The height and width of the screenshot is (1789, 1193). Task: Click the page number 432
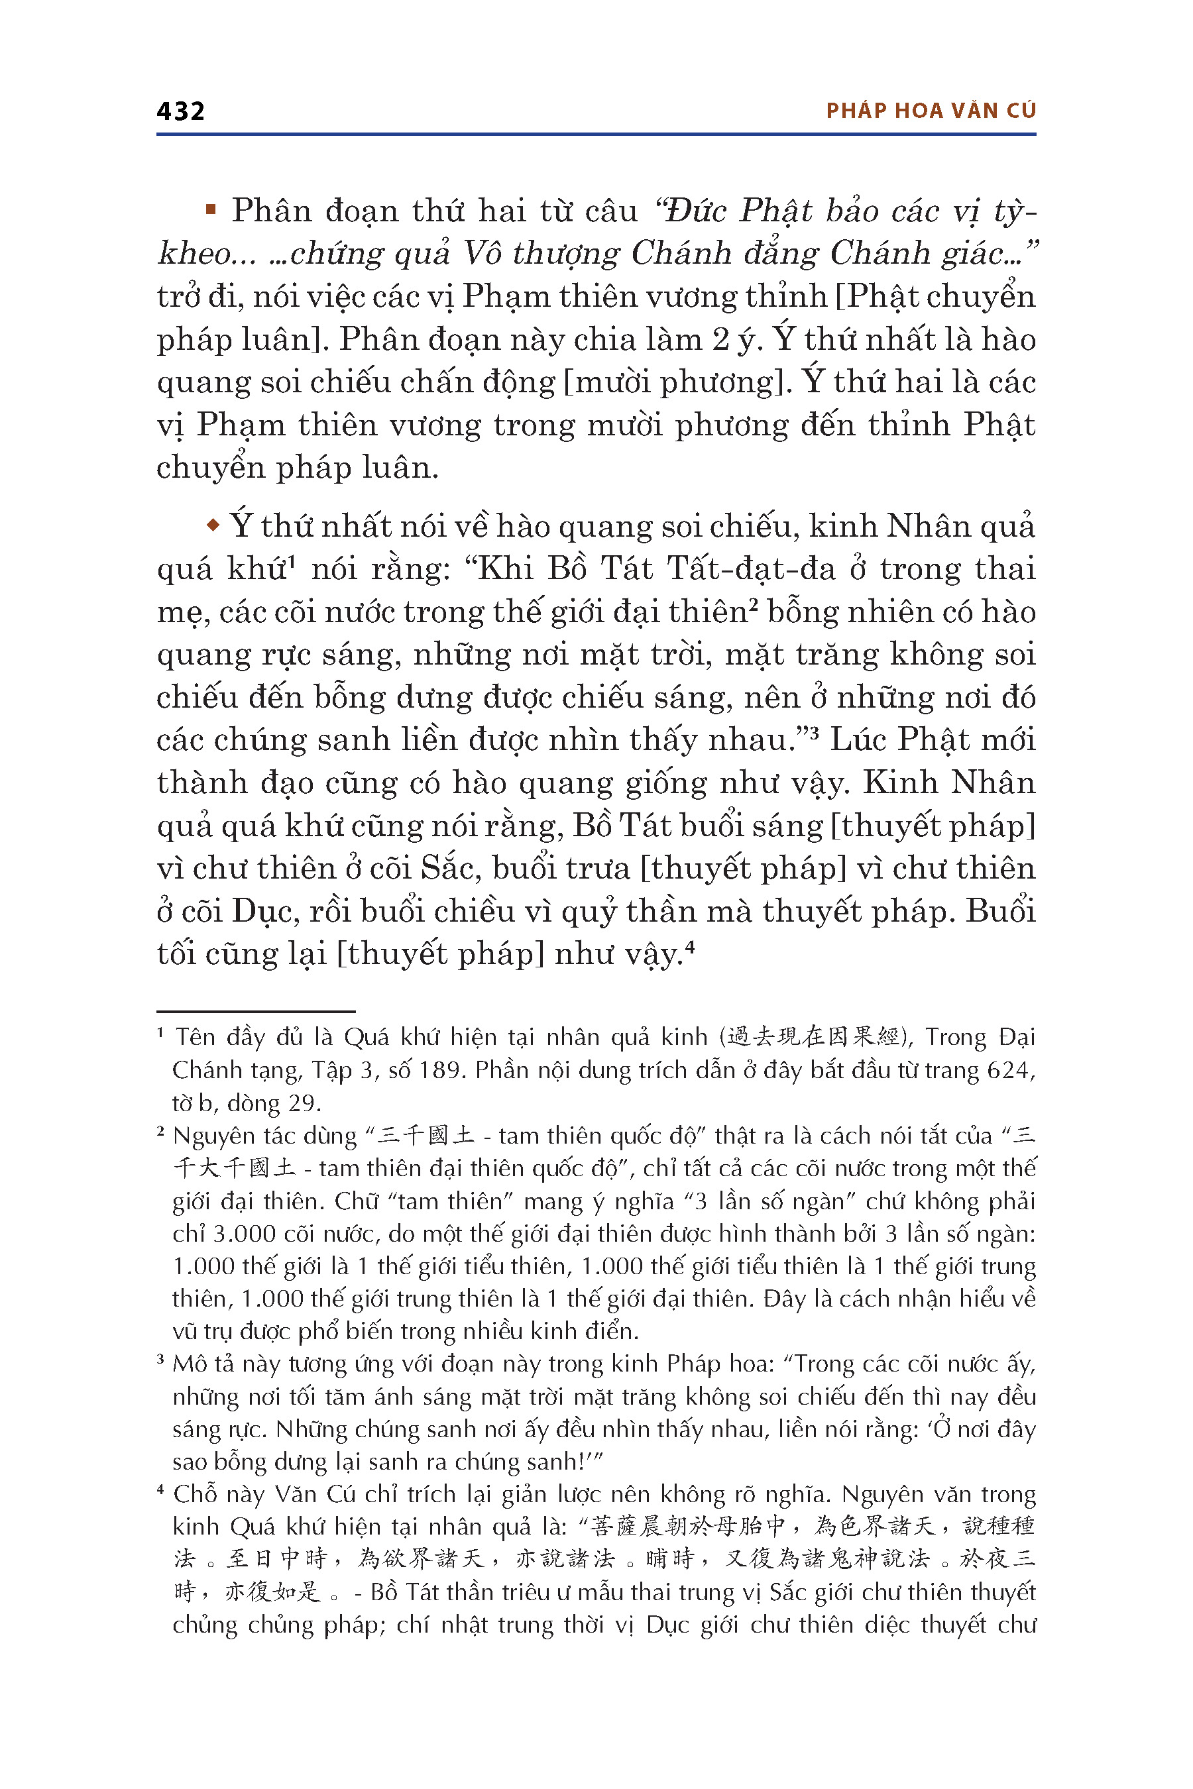[x=180, y=111]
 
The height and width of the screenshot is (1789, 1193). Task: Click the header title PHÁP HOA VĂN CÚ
[x=931, y=111]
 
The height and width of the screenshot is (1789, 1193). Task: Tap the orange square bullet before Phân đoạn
[x=211, y=209]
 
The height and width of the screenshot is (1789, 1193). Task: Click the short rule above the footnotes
[x=256, y=1011]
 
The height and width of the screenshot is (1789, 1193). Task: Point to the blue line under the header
[x=596, y=135]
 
